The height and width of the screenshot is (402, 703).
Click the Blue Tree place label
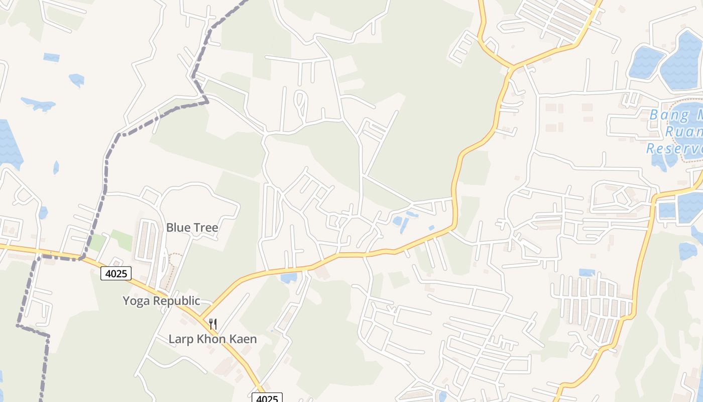pyautogui.click(x=192, y=228)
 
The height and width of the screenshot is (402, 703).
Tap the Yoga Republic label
pyautogui.click(x=162, y=301)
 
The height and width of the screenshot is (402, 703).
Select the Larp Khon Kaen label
pyautogui.click(x=212, y=339)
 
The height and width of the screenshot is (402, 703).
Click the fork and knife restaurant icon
pyautogui.click(x=213, y=324)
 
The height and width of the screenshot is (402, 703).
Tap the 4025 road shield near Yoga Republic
pyautogui.click(x=116, y=273)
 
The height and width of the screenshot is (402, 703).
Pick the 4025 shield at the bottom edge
pyautogui.click(x=267, y=398)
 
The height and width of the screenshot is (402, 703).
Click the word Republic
pyautogui.click(x=177, y=301)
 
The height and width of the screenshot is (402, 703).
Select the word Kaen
pyautogui.click(x=243, y=339)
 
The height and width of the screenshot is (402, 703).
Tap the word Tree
pyautogui.click(x=206, y=228)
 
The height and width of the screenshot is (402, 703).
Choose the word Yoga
pyautogui.click(x=137, y=301)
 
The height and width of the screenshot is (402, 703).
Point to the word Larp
pyautogui.click(x=180, y=339)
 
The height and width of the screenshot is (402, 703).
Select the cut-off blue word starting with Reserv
pyautogui.click(x=674, y=149)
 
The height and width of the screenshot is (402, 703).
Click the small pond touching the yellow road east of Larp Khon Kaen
pyautogui.click(x=289, y=277)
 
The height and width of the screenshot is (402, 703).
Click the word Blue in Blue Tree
pyautogui.click(x=178, y=228)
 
